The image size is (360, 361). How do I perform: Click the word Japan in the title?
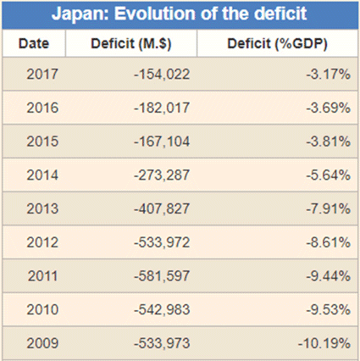[80, 14]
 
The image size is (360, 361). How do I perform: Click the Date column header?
[34, 44]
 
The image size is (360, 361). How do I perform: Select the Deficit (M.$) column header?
[131, 44]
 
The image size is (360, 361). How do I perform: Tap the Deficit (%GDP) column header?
[277, 44]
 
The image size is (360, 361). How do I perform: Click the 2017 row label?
[42, 75]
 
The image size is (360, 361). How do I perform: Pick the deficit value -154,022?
[162, 75]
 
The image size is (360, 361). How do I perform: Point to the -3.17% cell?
[328, 75]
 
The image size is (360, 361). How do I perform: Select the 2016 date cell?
[42, 108]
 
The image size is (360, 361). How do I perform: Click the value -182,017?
[162, 108]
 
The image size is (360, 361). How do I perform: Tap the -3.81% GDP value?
[328, 142]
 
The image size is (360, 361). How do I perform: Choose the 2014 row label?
[42, 175]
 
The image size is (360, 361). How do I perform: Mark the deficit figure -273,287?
[162, 175]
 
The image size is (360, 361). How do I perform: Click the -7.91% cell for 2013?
[328, 208]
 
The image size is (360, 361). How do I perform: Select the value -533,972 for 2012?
[162, 242]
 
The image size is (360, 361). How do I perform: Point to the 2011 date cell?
[42, 276]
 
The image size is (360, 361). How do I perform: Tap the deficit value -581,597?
[162, 276]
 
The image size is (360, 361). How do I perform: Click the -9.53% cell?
[328, 309]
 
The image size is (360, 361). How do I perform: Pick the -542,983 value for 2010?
[162, 310]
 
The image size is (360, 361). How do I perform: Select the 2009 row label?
[42, 343]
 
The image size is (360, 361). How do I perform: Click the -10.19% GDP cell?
[324, 343]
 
